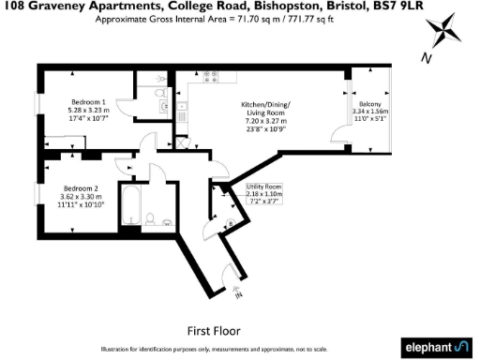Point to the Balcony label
click(x=367, y=103)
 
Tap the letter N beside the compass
click(x=427, y=57)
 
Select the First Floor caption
click(x=214, y=330)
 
